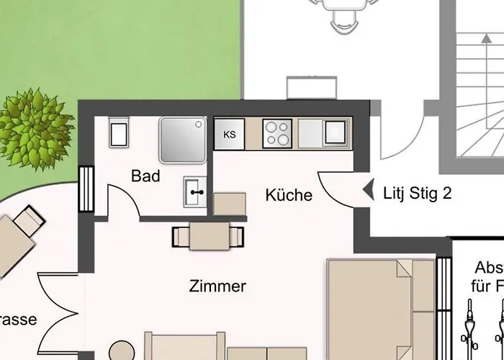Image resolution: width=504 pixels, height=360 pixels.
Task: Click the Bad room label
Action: [x=145, y=176]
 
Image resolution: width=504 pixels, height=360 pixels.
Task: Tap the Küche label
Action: [x=289, y=195]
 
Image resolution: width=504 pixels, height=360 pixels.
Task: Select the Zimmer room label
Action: [x=217, y=287]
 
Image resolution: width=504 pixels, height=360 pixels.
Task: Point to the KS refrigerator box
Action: [x=230, y=135]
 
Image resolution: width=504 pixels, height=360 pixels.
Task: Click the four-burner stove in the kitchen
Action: [x=277, y=134]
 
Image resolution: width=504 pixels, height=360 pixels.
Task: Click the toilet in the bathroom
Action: [x=118, y=132]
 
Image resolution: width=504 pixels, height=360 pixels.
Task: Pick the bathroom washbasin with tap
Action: [x=195, y=192]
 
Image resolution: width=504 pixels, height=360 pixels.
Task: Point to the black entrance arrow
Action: [x=367, y=192]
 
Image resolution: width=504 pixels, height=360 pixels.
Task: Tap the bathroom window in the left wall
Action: [x=86, y=190]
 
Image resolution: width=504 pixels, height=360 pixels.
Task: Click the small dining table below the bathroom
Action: [x=209, y=235]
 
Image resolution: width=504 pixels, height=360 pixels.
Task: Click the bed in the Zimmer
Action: [x=382, y=310]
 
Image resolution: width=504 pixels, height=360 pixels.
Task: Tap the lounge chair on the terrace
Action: [x=18, y=238]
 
